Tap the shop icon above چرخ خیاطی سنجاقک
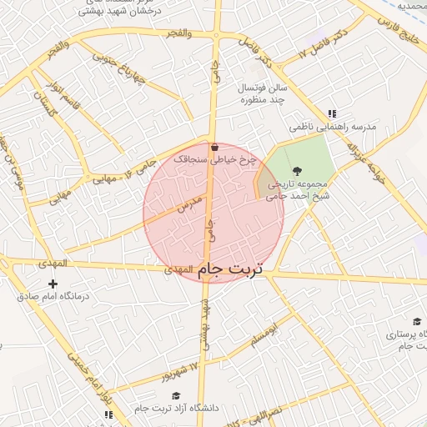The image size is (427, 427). point(215,147)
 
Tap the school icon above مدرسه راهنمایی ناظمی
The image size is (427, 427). point(332,114)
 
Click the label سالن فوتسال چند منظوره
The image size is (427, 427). point(264,93)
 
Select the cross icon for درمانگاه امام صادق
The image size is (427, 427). point(53,284)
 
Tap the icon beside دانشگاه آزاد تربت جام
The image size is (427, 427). point(138,408)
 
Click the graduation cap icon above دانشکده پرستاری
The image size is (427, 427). point(416,322)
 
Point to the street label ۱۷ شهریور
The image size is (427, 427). point(183,369)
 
